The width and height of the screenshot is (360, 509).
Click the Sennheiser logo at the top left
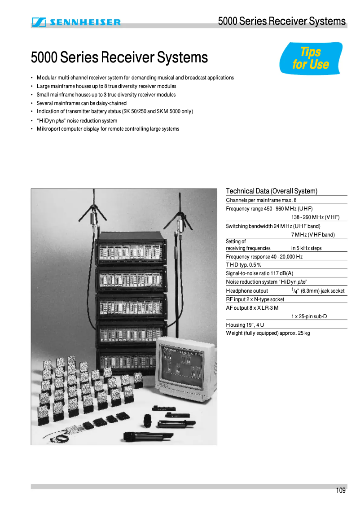pos(76,22)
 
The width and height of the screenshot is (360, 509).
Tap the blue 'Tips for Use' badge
pos(311,58)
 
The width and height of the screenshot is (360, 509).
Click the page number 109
pos(341,491)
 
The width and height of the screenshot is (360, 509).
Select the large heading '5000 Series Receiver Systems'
pos(119,57)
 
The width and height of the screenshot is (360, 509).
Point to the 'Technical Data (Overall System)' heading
pos(271,191)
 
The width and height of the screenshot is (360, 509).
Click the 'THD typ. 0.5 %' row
pos(244,265)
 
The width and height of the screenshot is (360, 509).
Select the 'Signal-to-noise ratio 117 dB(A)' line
pos(259,273)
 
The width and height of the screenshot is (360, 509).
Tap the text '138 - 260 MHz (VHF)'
pos(315,217)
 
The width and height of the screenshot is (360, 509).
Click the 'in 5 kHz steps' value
pos(306,248)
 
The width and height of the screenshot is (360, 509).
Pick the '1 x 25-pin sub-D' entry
pos(309,316)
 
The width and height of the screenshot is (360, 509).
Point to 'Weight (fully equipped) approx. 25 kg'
pos(268,333)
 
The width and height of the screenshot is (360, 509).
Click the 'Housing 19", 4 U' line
pos(245,325)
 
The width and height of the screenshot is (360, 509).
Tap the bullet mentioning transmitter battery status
pos(115,112)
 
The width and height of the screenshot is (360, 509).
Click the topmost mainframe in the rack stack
pos(131,251)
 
